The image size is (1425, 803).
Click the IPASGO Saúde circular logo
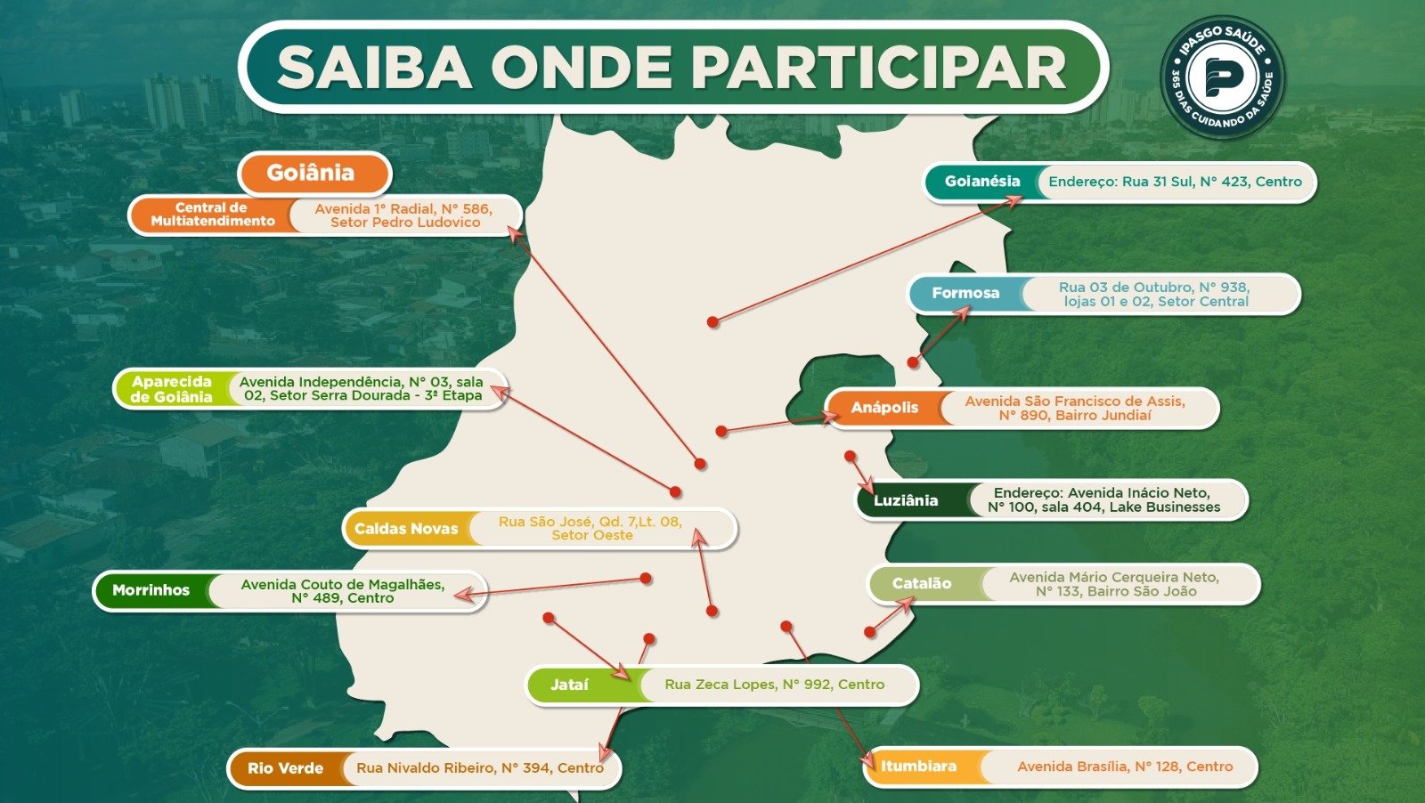(x=1222, y=77)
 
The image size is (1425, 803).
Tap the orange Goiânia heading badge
(x=311, y=173)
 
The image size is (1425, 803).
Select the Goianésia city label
(x=981, y=182)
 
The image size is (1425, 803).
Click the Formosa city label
(x=965, y=293)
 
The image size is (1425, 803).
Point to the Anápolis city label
(x=883, y=408)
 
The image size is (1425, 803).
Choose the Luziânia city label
(x=905, y=500)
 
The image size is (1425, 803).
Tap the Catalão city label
(x=921, y=584)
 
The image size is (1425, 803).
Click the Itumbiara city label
(x=918, y=766)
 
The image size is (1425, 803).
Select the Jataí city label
(x=569, y=685)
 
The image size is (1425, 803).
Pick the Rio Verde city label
(x=285, y=768)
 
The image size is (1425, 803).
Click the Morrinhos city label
(x=151, y=590)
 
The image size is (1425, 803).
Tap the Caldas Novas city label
(x=406, y=529)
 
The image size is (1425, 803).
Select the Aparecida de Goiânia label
(x=171, y=389)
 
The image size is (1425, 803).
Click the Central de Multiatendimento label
(x=212, y=215)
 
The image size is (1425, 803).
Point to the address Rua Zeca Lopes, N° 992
(x=774, y=685)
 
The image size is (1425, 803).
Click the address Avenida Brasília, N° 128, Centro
(x=1124, y=766)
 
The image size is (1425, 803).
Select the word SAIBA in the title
(x=374, y=68)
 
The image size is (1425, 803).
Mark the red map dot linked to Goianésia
(x=712, y=322)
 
